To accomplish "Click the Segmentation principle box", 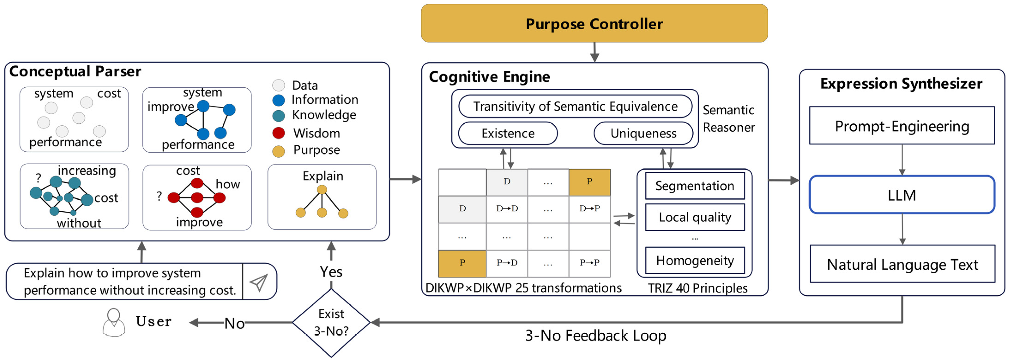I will [x=694, y=186].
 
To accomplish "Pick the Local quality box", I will [x=694, y=217].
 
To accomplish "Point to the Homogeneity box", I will [x=694, y=260].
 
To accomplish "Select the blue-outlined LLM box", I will [x=902, y=195].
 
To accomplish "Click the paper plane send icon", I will [x=259, y=282].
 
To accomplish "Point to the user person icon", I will [x=114, y=322].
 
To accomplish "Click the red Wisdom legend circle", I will [x=279, y=133].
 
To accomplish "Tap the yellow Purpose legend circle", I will [x=279, y=151].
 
